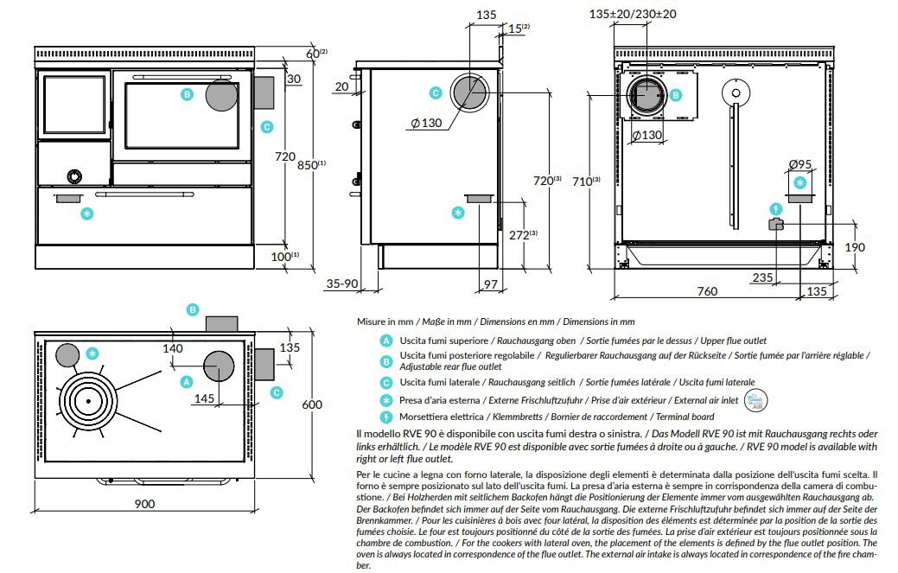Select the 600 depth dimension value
tap(312, 404)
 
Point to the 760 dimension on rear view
tap(707, 292)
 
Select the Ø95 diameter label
tap(800, 165)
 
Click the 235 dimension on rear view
tap(762, 277)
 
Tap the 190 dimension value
tap(853, 247)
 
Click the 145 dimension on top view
tap(204, 398)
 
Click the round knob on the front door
tap(76, 176)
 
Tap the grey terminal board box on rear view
tap(775, 225)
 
